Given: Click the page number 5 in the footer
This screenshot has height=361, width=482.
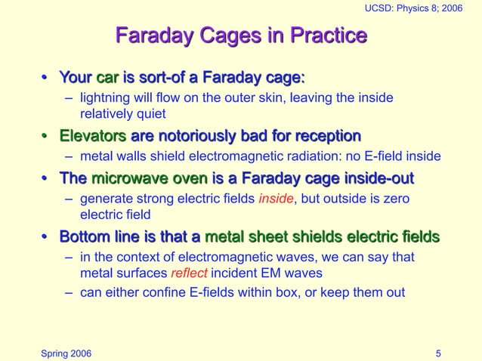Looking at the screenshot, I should (x=439, y=353).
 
